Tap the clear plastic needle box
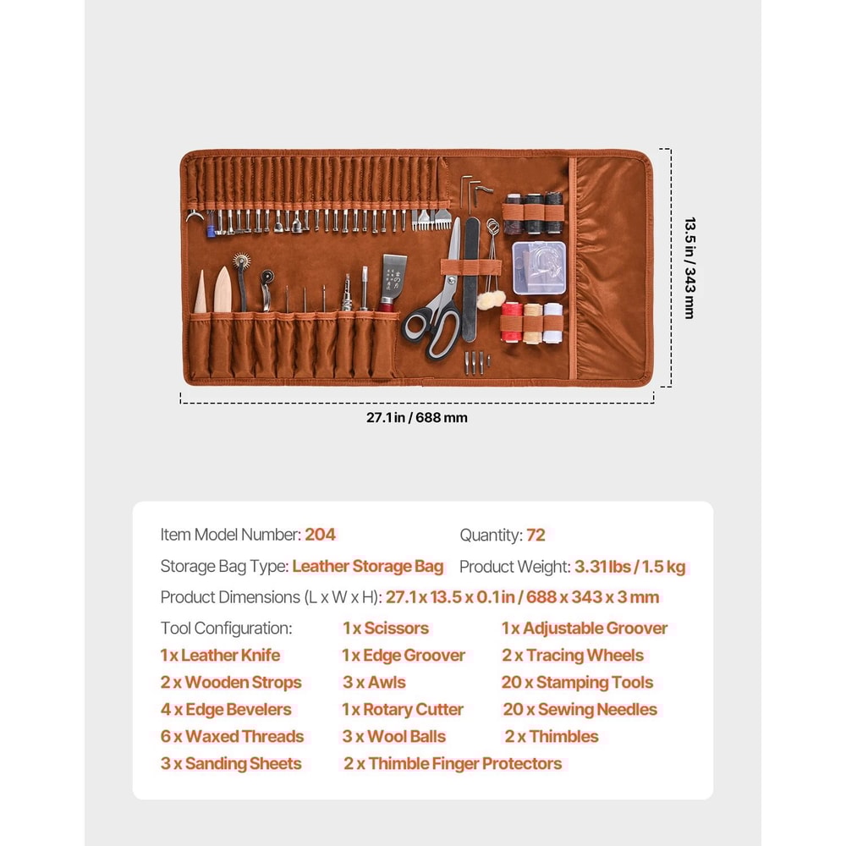tap(538, 267)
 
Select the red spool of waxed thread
tap(510, 323)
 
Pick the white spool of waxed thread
tap(552, 322)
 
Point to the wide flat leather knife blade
tap(393, 275)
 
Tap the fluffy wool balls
tap(492, 299)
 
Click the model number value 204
tap(320, 535)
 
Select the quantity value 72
tap(536, 535)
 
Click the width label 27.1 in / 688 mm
tap(416, 417)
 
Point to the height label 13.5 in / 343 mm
tap(689, 267)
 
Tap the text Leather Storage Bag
tap(368, 567)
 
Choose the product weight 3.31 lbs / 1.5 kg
tap(629, 567)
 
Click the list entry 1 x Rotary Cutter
tap(403, 709)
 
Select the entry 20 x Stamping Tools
tap(577, 682)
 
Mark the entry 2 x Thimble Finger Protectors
tap(452, 763)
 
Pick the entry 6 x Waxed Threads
tap(232, 736)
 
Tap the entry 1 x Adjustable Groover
tap(584, 628)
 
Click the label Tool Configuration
tap(226, 628)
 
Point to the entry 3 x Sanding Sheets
tap(231, 763)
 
